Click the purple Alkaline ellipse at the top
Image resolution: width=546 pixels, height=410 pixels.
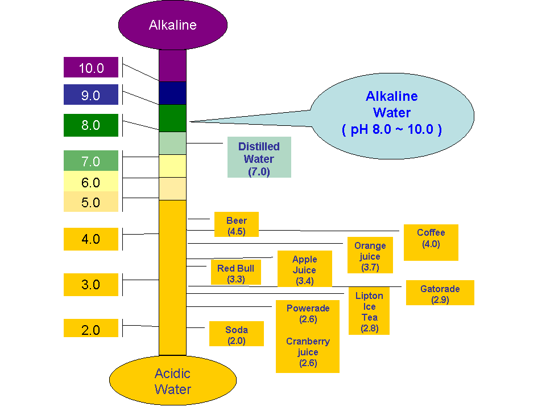pyautogui.click(x=172, y=25)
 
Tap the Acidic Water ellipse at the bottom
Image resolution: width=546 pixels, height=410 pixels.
pyautogui.click(x=172, y=382)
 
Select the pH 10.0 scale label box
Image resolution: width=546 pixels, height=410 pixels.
pyautogui.click(x=91, y=68)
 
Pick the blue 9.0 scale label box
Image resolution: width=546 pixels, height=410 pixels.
pyautogui.click(x=91, y=95)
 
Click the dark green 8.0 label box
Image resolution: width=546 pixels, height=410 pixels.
pyautogui.click(x=91, y=125)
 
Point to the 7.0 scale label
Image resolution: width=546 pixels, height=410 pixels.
pyautogui.click(x=91, y=161)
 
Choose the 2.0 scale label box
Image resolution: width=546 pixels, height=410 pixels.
pyautogui.click(x=91, y=329)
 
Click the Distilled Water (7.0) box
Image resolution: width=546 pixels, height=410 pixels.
pyautogui.click(x=259, y=157)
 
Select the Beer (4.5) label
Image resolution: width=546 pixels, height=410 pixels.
pyautogui.click(x=236, y=224)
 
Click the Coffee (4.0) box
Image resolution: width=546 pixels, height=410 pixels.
pyautogui.click(x=431, y=242)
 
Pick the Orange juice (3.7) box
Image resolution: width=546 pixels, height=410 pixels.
pyautogui.click(x=370, y=255)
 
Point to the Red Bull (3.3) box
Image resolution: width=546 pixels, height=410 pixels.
pyautogui.click(x=235, y=272)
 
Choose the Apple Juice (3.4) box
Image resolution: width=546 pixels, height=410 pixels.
pyautogui.click(x=304, y=269)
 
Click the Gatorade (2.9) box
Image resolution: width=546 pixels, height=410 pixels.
pyautogui.click(x=440, y=293)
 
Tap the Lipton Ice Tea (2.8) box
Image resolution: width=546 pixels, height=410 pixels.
pyautogui.click(x=369, y=310)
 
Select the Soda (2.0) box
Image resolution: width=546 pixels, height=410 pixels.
pyautogui.click(x=236, y=334)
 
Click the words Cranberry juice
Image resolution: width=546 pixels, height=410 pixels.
pyautogui.click(x=308, y=347)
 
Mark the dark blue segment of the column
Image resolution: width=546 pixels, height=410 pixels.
pyautogui.click(x=172, y=93)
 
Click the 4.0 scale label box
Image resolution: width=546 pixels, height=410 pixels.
pyautogui.click(x=91, y=239)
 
